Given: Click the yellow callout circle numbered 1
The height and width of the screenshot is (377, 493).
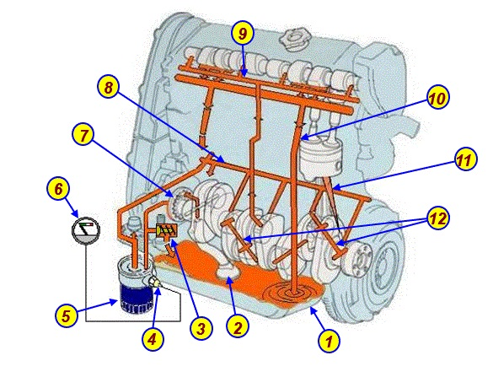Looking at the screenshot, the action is click(329, 341).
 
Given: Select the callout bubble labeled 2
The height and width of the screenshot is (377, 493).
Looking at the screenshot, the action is click(238, 327).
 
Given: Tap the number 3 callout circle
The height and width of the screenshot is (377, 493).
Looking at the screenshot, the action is click(201, 329).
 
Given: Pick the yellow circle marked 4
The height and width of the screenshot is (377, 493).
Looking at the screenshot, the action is click(153, 339).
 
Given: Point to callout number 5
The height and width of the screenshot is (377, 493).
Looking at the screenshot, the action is click(67, 315).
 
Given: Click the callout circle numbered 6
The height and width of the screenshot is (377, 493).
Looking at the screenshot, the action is click(58, 190).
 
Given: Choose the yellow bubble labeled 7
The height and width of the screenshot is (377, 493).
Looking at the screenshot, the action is click(83, 136).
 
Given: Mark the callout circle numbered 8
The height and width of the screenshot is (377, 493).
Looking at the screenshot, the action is click(109, 87).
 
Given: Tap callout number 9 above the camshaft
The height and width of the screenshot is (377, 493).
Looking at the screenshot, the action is click(243, 34).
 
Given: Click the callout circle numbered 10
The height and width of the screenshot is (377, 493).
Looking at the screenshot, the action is click(437, 98).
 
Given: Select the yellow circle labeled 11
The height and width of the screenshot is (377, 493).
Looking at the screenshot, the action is click(465, 159).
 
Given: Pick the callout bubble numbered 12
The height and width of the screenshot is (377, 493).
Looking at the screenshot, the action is click(438, 218).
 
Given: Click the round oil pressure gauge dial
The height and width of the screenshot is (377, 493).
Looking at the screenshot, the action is click(86, 229).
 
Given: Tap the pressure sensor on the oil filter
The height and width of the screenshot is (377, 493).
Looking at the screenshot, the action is click(155, 281).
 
